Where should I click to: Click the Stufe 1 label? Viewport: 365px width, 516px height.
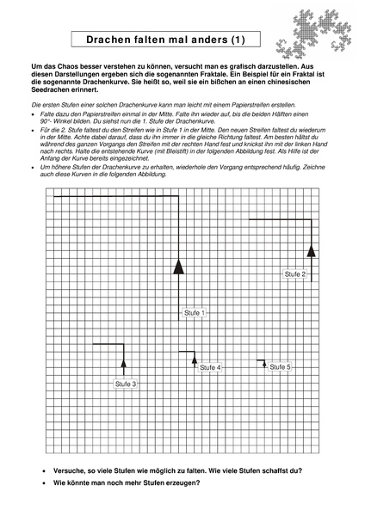click(x=195, y=313)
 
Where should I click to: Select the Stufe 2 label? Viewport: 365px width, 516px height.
click(x=294, y=273)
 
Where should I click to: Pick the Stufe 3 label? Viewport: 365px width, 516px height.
click(x=124, y=384)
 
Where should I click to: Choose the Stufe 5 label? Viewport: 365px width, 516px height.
click(x=280, y=367)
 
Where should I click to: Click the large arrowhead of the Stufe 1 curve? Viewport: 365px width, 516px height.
click(x=179, y=265)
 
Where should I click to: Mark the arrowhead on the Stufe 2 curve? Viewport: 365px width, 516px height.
click(x=311, y=250)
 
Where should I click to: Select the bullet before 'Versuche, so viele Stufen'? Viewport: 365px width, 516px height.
click(x=45, y=470)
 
